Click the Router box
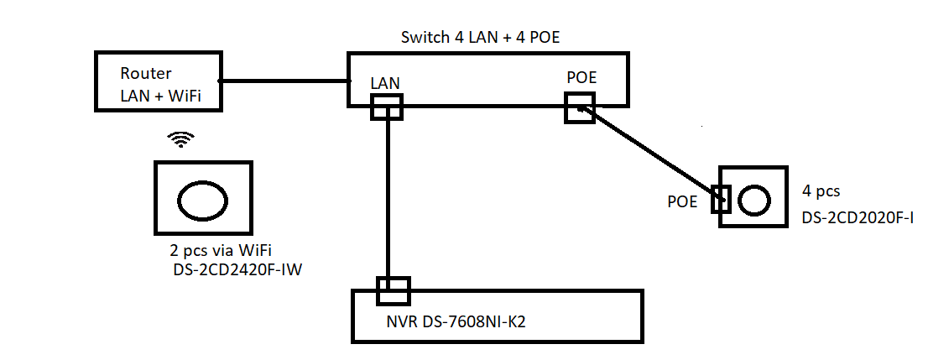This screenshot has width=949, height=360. (x=157, y=82)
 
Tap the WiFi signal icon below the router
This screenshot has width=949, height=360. (x=180, y=139)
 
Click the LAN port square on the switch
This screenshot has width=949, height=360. (x=387, y=107)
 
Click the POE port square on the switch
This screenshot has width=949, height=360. (x=580, y=107)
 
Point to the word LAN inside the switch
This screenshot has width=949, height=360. (x=386, y=83)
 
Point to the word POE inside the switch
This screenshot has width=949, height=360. (x=581, y=77)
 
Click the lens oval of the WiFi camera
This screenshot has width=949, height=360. (x=202, y=201)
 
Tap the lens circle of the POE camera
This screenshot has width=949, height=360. (x=753, y=200)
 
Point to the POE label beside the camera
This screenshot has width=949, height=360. (x=682, y=201)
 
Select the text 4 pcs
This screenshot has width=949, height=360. (x=821, y=191)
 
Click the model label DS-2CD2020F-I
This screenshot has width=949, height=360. (x=858, y=218)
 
